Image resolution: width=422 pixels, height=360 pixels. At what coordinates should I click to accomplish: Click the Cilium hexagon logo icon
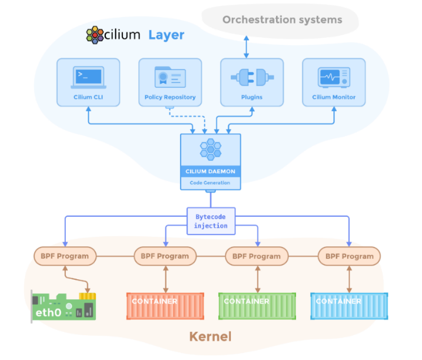point(94,35)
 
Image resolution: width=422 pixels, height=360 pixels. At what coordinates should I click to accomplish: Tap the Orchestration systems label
point(282,20)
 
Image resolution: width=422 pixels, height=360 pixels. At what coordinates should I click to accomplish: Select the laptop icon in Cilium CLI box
point(88,77)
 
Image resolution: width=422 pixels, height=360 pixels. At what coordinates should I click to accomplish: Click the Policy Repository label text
point(170,97)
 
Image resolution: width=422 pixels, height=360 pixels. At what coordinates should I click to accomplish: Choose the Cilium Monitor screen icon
point(334,77)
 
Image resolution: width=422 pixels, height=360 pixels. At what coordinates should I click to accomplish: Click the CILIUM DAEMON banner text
point(210,171)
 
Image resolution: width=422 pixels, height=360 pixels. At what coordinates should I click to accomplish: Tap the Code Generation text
point(210,183)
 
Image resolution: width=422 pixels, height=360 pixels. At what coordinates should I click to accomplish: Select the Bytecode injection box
point(210,221)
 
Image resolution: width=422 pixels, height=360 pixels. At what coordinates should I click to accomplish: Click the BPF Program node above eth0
point(65,256)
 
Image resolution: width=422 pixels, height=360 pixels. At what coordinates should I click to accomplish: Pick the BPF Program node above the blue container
point(350,256)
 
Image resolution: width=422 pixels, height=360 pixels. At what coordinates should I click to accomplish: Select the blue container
point(350,306)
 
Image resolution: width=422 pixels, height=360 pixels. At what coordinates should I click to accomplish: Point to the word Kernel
point(210,337)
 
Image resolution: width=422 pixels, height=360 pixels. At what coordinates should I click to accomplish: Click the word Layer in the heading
point(166,35)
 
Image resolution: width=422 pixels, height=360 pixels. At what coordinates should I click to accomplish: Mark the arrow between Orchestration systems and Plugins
point(246,45)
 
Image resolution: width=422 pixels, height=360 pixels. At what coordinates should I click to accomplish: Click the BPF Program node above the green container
point(257,256)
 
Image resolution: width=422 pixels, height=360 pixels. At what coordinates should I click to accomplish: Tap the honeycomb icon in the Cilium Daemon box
point(210,150)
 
